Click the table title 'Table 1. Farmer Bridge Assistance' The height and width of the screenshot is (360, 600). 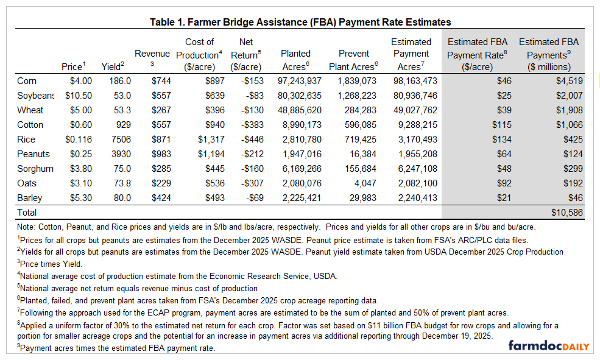point(300,22)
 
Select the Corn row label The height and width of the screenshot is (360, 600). point(27,81)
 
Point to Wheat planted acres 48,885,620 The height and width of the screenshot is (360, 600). point(295,110)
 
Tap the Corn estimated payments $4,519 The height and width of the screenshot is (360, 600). point(566,81)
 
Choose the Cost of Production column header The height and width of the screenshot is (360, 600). point(199,54)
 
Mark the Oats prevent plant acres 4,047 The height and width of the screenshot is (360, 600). point(364,183)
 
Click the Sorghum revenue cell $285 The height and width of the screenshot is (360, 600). point(160,169)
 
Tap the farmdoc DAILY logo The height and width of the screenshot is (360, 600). point(548,346)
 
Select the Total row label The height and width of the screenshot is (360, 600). point(27,213)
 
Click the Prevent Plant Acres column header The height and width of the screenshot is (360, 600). point(355,60)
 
